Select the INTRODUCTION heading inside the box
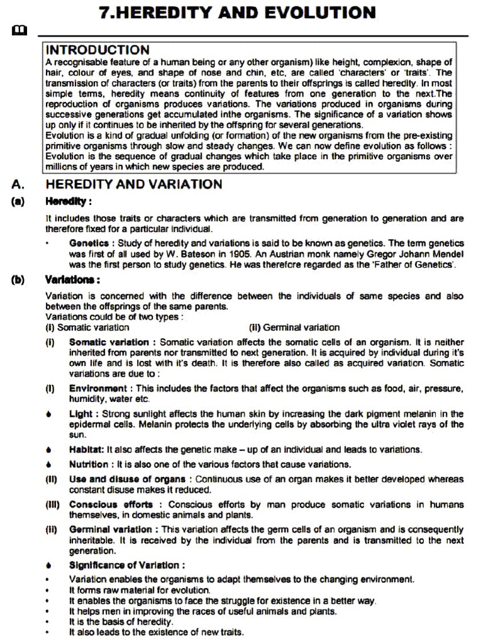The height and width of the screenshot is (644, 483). pyautogui.click(x=97, y=50)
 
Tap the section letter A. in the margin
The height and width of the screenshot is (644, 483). pyautogui.click(x=18, y=184)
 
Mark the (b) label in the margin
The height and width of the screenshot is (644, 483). pyautogui.click(x=18, y=279)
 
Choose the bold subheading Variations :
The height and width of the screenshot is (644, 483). pyautogui.click(x=72, y=279)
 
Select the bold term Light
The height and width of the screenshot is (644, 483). pyautogui.click(x=81, y=414)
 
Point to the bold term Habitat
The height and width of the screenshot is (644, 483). pyautogui.click(x=86, y=450)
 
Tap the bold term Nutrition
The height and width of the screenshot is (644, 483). pyautogui.click(x=89, y=464)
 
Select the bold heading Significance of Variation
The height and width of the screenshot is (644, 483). pyautogui.click(x=126, y=565)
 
